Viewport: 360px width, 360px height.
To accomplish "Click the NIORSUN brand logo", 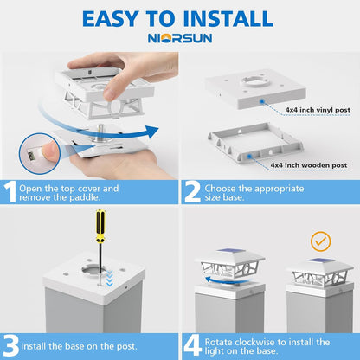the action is click(x=180, y=38).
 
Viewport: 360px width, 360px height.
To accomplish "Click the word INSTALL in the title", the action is click(x=228, y=19).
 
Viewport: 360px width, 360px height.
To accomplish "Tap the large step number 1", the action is click(x=10, y=192).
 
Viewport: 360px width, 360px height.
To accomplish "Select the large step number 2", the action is click(x=192, y=192).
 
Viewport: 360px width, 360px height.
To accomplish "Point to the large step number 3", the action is click(x=11, y=346).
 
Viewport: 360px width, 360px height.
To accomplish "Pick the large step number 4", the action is click(x=193, y=346).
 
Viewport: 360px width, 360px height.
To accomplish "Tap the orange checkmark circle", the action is click(x=321, y=241).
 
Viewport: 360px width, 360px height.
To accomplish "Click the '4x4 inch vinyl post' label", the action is click(x=318, y=110).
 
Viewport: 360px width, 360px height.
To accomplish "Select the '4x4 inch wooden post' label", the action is click(x=309, y=165).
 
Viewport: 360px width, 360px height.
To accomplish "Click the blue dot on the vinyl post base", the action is click(x=262, y=101).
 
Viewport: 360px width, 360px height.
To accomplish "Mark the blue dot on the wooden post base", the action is click(x=249, y=157).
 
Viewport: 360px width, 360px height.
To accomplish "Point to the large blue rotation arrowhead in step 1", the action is click(x=151, y=132).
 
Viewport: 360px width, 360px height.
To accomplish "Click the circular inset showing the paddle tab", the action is click(x=39, y=153).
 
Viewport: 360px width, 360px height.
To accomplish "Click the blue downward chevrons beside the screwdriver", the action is click(x=110, y=279).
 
